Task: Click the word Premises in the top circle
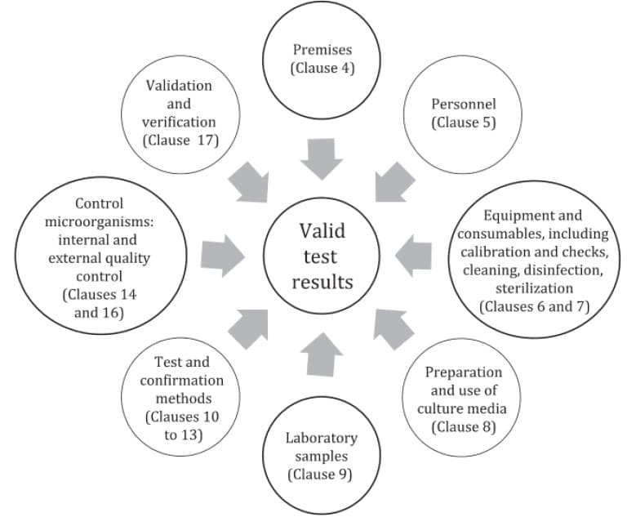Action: pos(322,51)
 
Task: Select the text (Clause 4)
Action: pos(322,69)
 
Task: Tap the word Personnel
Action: pos(463,105)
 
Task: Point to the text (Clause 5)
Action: pos(463,123)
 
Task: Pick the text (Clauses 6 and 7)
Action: pos(533,306)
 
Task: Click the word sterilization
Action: pos(533,288)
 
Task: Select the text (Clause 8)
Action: pos(463,426)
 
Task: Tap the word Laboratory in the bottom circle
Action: pos(322,438)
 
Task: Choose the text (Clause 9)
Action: pos(322,474)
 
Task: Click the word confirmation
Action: pos(181,380)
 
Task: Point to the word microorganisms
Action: pos(98,222)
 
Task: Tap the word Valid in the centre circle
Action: pos(322,231)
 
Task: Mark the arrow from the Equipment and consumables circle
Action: pos(412,256)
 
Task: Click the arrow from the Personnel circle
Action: pos(392,182)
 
